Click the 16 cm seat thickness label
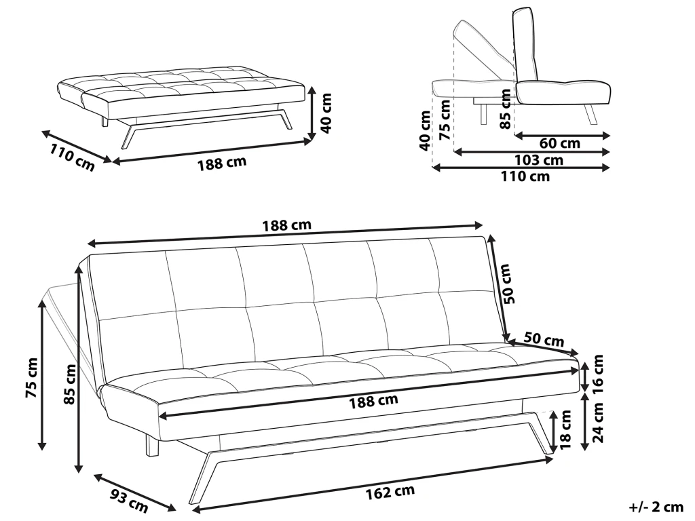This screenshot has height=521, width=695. [x=598, y=372]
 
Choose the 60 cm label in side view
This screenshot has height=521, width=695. [x=559, y=144]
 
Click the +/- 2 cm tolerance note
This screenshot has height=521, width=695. [x=656, y=507]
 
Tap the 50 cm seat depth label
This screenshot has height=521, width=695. [x=544, y=339]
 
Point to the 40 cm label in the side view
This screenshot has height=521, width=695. [x=425, y=132]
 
